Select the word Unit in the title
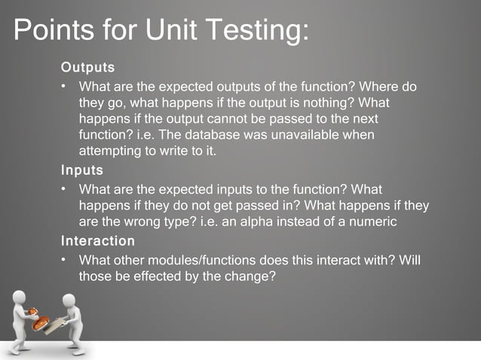[171, 32]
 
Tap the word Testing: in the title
[257, 32]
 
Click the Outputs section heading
[87, 69]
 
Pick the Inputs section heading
[81, 170]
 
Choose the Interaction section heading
[98, 241]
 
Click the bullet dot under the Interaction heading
[66, 260]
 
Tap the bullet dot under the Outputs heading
[66, 86]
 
